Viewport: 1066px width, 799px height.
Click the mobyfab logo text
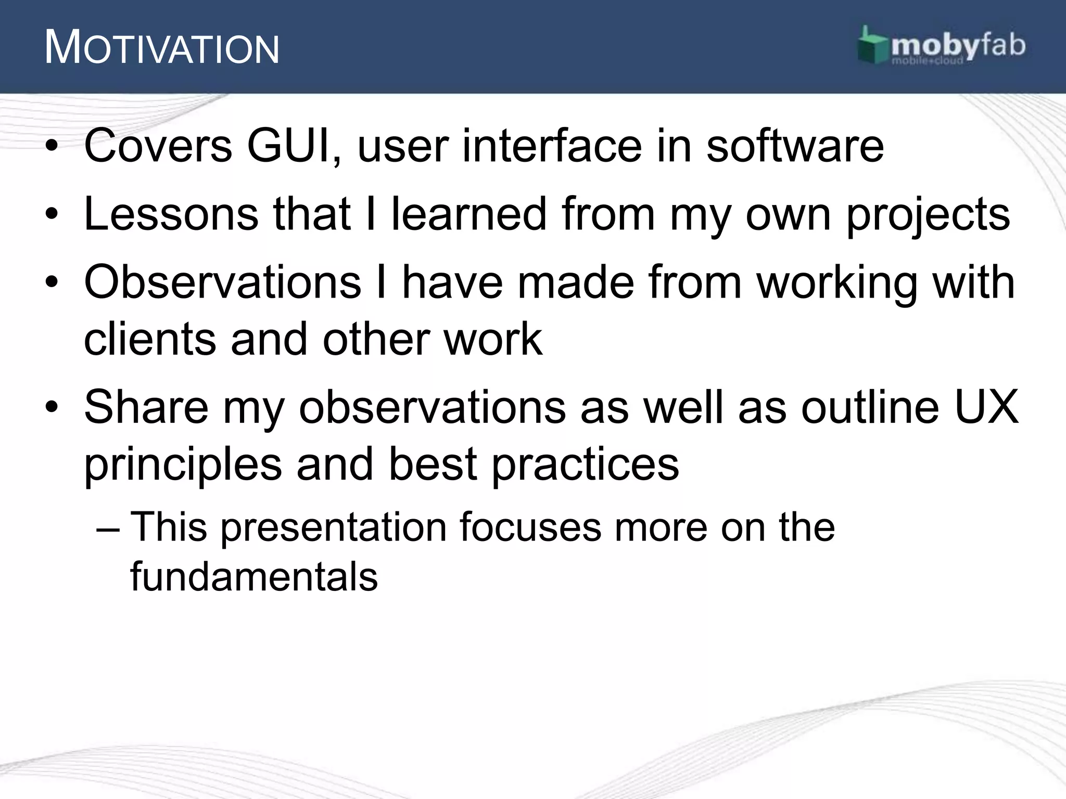tap(958, 47)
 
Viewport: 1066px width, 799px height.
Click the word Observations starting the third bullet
tap(222, 282)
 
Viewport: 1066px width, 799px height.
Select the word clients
tap(150, 339)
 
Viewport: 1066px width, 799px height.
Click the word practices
tap(585, 464)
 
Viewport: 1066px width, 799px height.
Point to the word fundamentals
tap(253, 576)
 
